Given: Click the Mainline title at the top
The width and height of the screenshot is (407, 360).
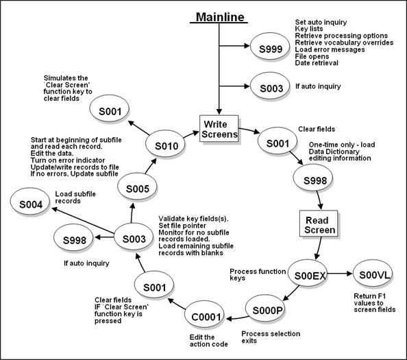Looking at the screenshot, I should pos(218,16).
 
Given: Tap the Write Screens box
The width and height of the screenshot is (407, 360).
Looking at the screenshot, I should pos(220,129).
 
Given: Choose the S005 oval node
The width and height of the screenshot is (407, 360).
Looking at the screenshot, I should pos(139,189).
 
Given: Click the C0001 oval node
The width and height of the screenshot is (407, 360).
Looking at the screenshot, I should pos(206,317).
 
